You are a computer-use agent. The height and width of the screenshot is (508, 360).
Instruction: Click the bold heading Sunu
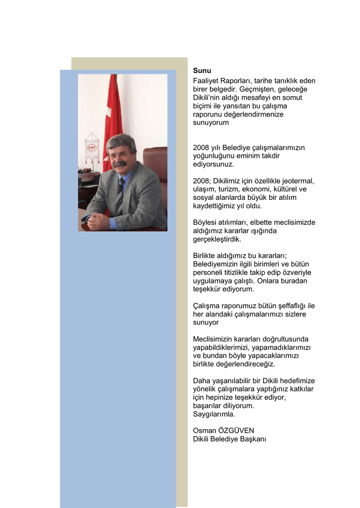coord(202,70)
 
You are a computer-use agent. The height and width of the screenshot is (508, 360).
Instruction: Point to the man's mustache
coord(119,163)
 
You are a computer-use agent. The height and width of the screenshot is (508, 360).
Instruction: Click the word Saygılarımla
coord(214,414)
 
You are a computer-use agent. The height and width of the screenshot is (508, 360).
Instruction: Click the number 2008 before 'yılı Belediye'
coord(201,147)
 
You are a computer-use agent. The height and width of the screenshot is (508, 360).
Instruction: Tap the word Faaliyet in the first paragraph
coord(207,80)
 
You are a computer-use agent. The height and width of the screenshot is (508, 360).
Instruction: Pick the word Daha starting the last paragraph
coord(201,381)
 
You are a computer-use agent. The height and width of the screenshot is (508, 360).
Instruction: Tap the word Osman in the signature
coord(204,431)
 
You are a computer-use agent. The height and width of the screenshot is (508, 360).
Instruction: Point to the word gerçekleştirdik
coord(217,239)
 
